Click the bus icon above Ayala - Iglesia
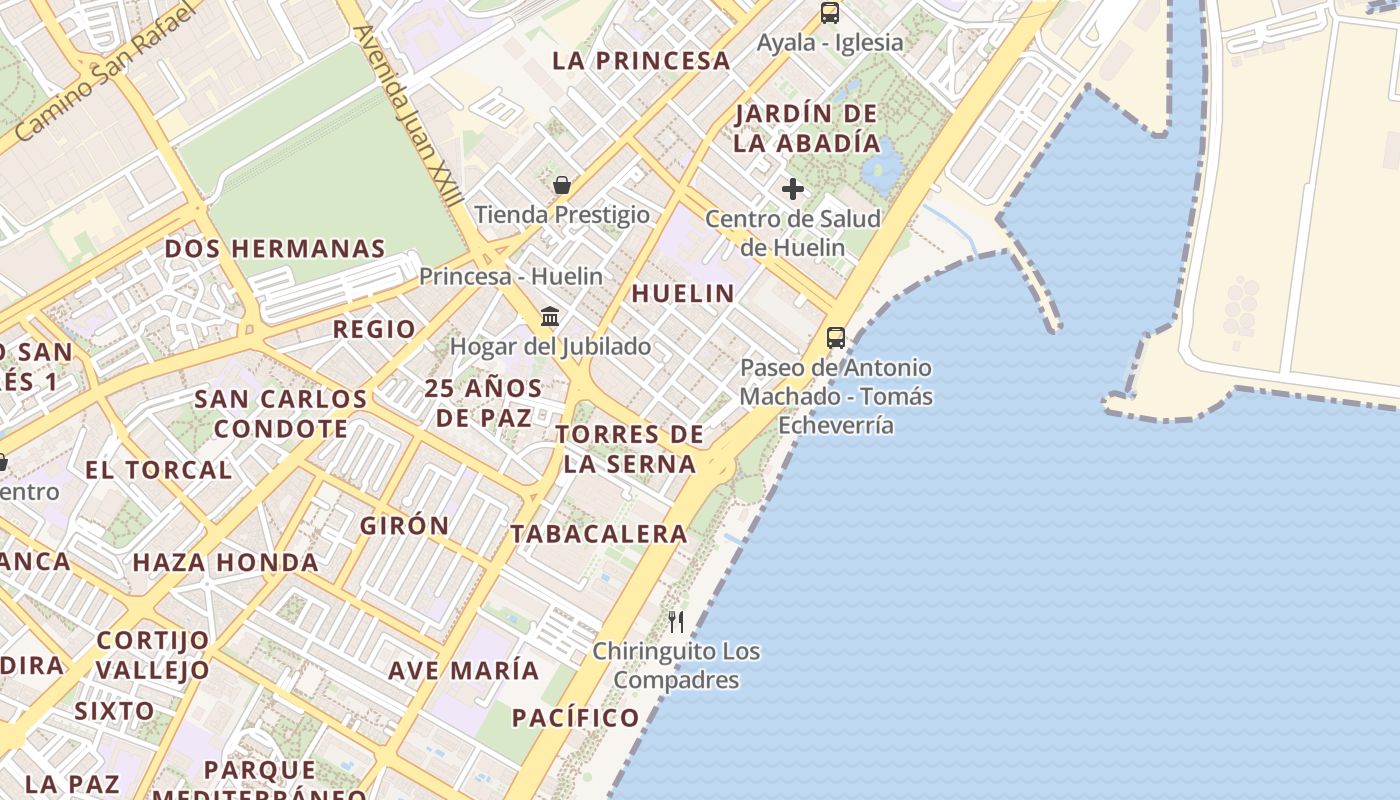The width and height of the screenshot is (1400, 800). point(830,13)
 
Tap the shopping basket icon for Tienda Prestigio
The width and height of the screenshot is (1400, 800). point(562,185)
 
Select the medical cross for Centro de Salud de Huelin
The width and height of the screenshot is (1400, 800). point(793,188)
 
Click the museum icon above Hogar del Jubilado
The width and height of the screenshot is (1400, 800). point(550,317)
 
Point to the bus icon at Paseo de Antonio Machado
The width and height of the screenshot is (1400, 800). point(836,338)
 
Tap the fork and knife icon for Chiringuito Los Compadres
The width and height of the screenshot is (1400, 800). point(676,622)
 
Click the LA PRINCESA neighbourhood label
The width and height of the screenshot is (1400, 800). point(641,60)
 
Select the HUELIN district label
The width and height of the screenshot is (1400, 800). point(683,293)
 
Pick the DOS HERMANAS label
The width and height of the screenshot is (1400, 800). point(275,249)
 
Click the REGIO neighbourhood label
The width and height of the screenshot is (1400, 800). point(374,329)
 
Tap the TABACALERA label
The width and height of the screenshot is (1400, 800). point(599,534)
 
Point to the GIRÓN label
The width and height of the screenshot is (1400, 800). point(405,525)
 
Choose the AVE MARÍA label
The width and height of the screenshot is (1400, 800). point(464,670)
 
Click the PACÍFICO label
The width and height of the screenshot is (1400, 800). point(576,717)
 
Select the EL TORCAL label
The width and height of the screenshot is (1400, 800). point(158,469)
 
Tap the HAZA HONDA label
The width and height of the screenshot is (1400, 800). point(226,562)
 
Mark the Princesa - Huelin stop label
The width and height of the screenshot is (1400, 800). point(511,276)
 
